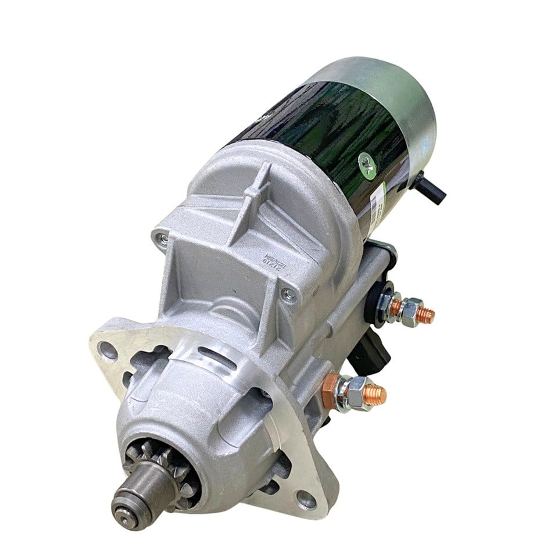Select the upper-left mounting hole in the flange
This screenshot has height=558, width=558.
coord(106,349)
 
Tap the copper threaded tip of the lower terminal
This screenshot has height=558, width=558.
coord(376,395)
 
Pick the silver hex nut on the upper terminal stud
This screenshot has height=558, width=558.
coord(412,310)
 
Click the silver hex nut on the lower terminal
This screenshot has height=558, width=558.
coord(355,392)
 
